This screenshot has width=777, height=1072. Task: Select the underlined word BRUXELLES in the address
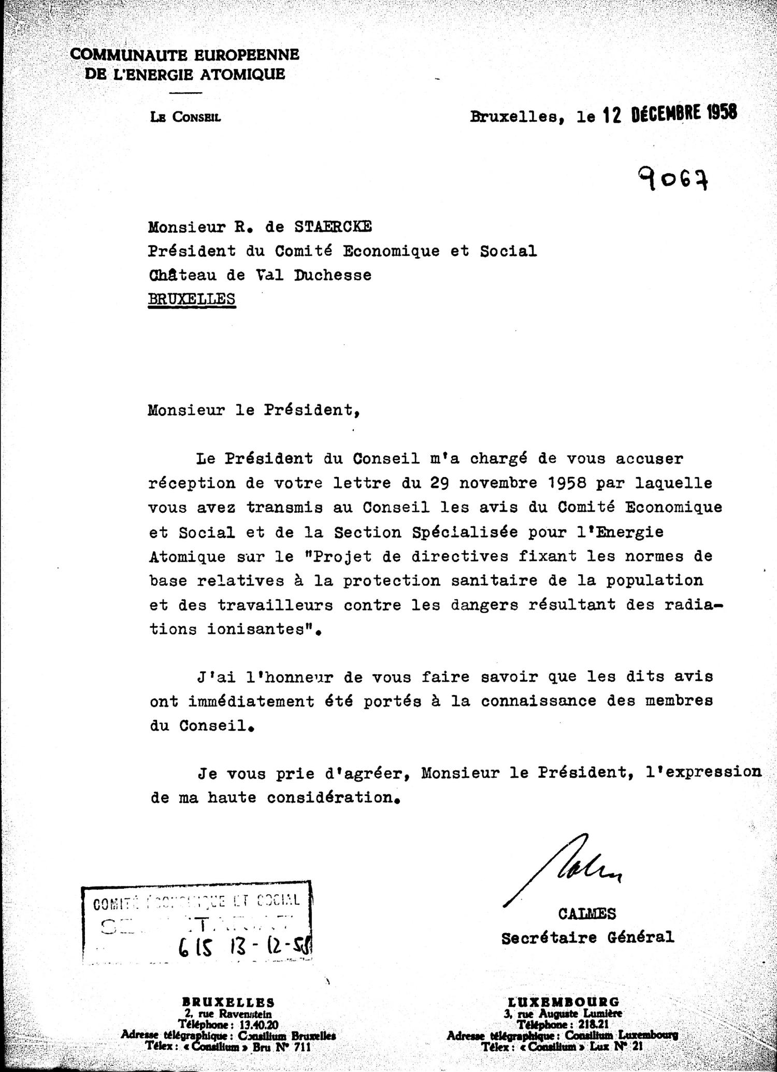pos(192,299)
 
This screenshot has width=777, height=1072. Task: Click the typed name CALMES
pos(587,914)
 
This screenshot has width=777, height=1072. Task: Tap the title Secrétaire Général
pos(587,937)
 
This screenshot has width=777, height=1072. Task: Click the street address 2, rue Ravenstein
pos(227,1013)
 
